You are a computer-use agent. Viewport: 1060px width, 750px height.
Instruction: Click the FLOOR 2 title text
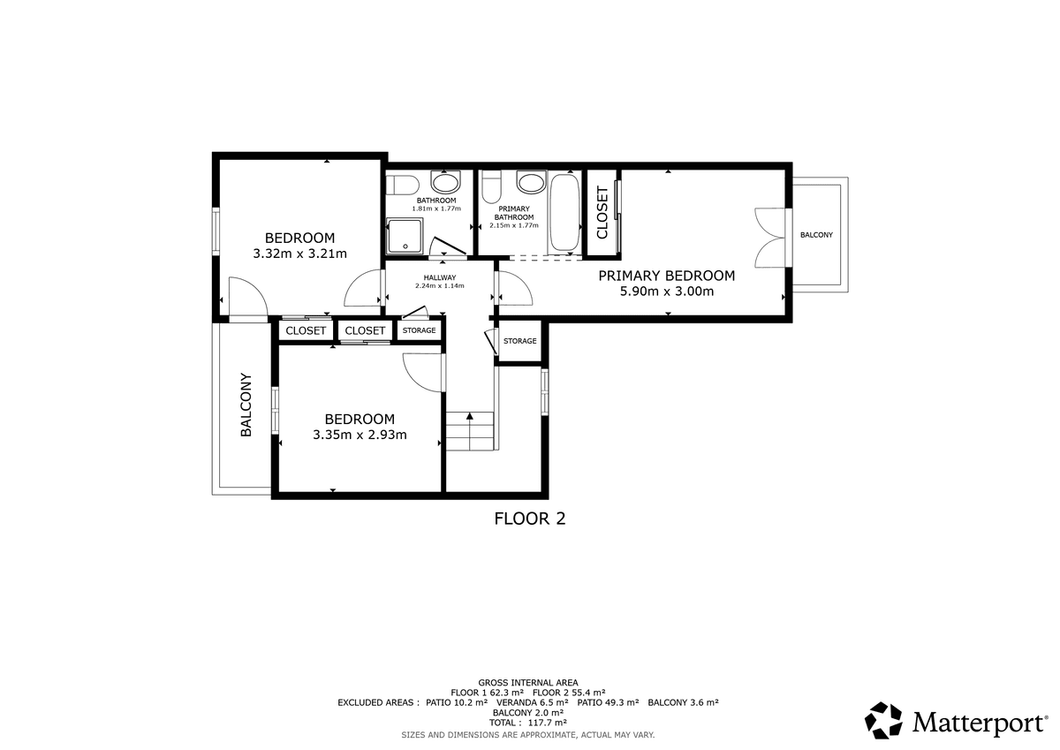pos(529,519)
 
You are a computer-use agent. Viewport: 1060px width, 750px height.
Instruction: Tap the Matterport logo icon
pos(883,720)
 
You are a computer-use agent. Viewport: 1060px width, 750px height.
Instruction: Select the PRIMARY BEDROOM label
pos(667,276)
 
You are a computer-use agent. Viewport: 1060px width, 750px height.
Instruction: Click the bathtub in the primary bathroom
pos(565,213)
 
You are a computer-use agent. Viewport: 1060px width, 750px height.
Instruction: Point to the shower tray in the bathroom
pos(405,235)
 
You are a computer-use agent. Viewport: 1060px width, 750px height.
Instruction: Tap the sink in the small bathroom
pos(445,182)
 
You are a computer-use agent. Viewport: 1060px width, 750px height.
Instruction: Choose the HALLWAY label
pos(440,277)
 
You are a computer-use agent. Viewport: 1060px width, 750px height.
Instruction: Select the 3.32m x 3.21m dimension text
pos(300,254)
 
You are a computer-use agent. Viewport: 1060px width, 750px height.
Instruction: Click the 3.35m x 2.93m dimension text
pos(360,435)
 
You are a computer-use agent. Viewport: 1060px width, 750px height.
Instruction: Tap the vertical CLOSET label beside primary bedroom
pos(602,213)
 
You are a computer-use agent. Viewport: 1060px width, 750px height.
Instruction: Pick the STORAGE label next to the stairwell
pos(520,341)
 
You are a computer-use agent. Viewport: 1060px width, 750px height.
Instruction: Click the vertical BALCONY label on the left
pos(246,405)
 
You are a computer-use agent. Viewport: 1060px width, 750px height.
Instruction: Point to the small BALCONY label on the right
pos(817,235)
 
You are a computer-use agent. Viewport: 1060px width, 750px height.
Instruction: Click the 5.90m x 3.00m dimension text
pos(667,291)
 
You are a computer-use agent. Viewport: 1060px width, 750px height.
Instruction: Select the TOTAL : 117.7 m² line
pos(528,723)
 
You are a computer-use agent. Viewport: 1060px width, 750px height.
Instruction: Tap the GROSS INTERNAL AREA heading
pos(528,683)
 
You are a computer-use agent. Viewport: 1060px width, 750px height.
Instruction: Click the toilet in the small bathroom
pos(402,185)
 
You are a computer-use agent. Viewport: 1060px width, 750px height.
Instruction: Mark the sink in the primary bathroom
pos(532,182)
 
